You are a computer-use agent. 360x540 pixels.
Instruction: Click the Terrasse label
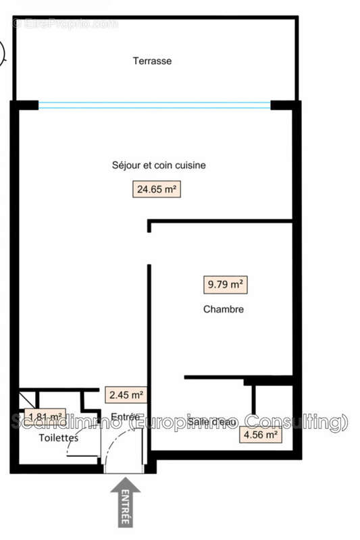[152, 61]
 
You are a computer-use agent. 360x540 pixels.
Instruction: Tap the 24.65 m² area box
[157, 190]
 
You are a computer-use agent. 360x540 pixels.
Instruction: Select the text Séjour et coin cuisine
[159, 165]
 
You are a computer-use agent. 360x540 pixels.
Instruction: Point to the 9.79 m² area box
[224, 285]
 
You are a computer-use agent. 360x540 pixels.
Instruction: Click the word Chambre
[223, 310]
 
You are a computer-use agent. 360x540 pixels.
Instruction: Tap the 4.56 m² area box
[260, 435]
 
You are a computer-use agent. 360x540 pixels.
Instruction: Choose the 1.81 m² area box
[45, 416]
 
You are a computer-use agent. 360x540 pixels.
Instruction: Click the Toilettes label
[58, 438]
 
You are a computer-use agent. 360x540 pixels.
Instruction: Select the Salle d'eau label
[211, 422]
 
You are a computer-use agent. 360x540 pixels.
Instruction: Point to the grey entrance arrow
[126, 502]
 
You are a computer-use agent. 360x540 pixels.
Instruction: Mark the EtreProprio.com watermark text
[65, 24]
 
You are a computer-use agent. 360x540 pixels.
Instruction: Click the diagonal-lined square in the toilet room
[27, 398]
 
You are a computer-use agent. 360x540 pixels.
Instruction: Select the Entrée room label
[125, 417]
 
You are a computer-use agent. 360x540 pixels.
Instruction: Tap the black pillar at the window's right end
[284, 105]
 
